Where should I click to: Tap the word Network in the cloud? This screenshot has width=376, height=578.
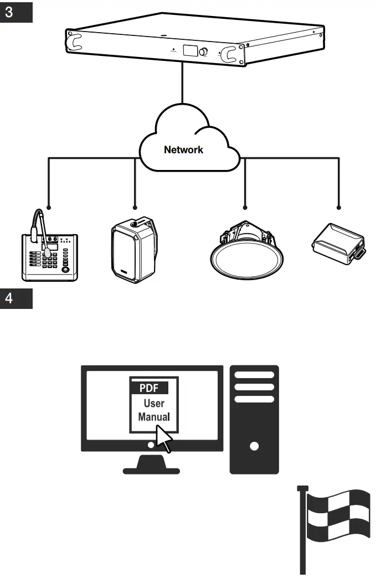[183, 150]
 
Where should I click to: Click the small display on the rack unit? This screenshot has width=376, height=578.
[189, 51]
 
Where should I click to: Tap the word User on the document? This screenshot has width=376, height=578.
[153, 403]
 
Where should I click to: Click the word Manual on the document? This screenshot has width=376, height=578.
[153, 416]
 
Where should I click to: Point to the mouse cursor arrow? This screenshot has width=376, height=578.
[164, 438]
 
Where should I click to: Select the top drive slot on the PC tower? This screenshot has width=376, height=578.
[254, 375]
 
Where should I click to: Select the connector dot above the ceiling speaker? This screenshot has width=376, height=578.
[244, 208]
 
